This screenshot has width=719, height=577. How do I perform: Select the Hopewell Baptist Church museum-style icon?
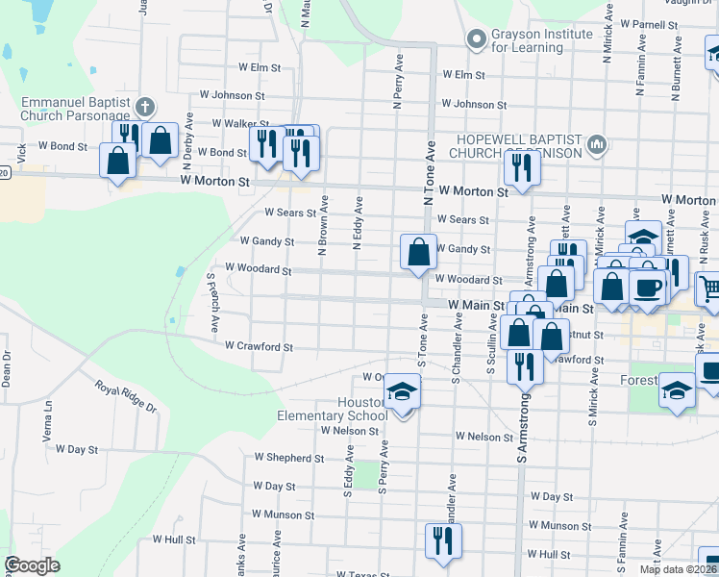(597, 145)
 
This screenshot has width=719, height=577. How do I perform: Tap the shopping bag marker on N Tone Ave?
(419, 254)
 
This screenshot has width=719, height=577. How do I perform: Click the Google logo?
(32, 566)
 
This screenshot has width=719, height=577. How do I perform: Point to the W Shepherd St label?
(288, 459)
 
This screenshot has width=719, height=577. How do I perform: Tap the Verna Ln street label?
(47, 421)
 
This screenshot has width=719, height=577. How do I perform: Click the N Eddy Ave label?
(358, 224)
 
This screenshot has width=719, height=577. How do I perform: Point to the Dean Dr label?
(6, 369)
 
